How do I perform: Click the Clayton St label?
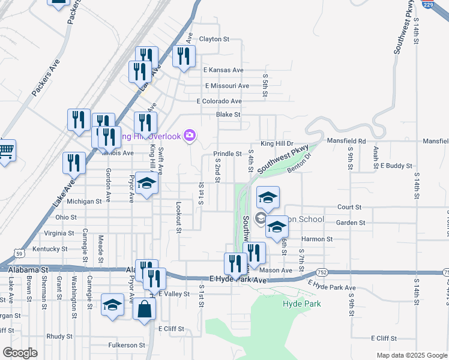(x=214, y=39)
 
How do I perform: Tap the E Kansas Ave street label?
(x=223, y=70)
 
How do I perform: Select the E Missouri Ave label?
(x=227, y=86)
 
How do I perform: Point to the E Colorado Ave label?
(x=219, y=101)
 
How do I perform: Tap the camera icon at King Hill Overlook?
(x=190, y=136)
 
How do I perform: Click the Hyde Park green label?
(x=301, y=304)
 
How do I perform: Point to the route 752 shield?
(x=322, y=272)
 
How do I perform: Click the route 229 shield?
(x=444, y=4)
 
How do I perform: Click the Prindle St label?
(x=227, y=154)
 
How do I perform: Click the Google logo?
(x=20, y=353)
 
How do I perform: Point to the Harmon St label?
(x=321, y=239)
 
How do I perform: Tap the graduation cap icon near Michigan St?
(x=145, y=184)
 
